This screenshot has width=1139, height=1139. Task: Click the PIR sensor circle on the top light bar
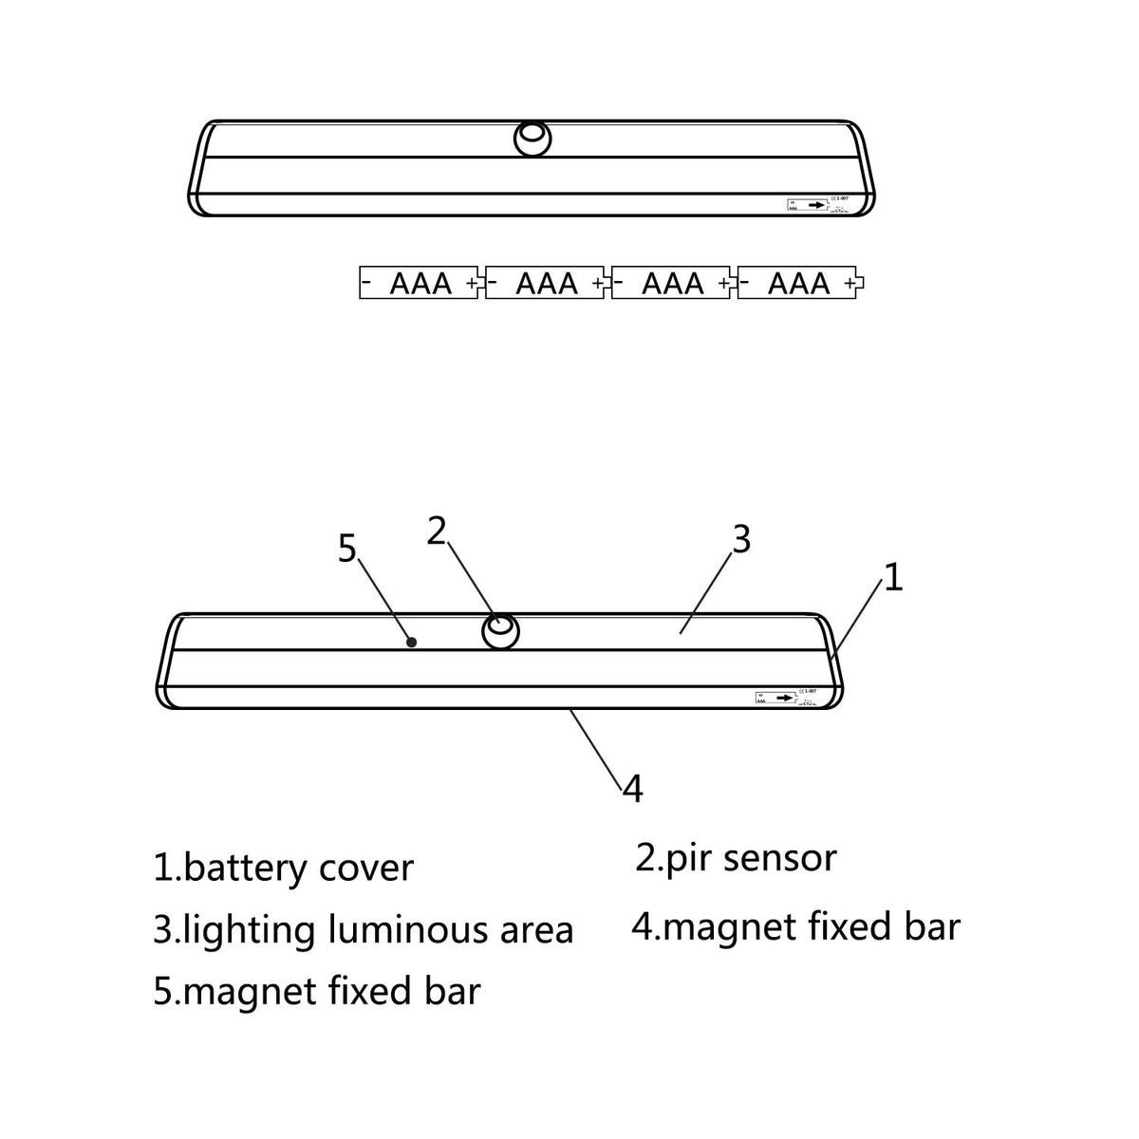coord(532,139)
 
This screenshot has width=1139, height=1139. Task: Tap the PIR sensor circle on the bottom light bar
coord(501,630)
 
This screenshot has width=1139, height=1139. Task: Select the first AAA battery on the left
coord(420,283)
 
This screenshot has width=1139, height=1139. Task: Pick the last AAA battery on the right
coord(799,283)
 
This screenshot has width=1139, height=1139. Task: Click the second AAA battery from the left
coord(546,283)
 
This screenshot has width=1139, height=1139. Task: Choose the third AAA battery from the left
coord(672,283)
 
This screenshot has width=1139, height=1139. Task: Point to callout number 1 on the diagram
coord(892,577)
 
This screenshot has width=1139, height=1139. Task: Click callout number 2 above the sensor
coord(436,532)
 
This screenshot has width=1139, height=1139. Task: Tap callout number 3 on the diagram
coord(741,539)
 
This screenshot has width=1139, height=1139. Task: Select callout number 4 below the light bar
coord(633,788)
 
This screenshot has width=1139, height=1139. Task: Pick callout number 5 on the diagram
coord(347,549)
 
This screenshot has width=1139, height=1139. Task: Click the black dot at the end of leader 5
coord(412,642)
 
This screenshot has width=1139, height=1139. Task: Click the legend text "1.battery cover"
coord(284,868)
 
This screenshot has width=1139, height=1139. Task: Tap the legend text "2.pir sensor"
coord(736,858)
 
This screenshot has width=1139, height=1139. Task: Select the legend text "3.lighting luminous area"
coord(363,929)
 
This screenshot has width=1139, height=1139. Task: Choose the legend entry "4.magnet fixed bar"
coord(795,926)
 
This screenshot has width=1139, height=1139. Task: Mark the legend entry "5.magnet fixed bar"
coord(317,991)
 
